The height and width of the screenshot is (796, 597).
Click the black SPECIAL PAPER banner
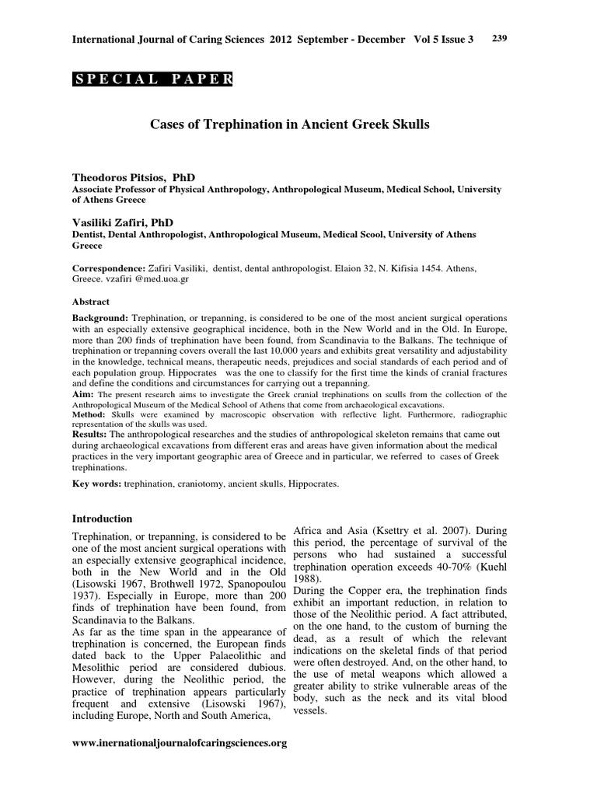152,79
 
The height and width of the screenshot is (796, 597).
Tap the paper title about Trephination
289,124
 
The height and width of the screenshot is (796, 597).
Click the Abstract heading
91,302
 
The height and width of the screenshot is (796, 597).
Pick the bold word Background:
100,319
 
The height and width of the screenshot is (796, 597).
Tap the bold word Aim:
82,394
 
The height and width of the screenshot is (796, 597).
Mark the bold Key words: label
96,483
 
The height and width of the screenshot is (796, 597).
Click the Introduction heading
102,518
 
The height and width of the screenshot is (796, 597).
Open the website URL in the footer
180,743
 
